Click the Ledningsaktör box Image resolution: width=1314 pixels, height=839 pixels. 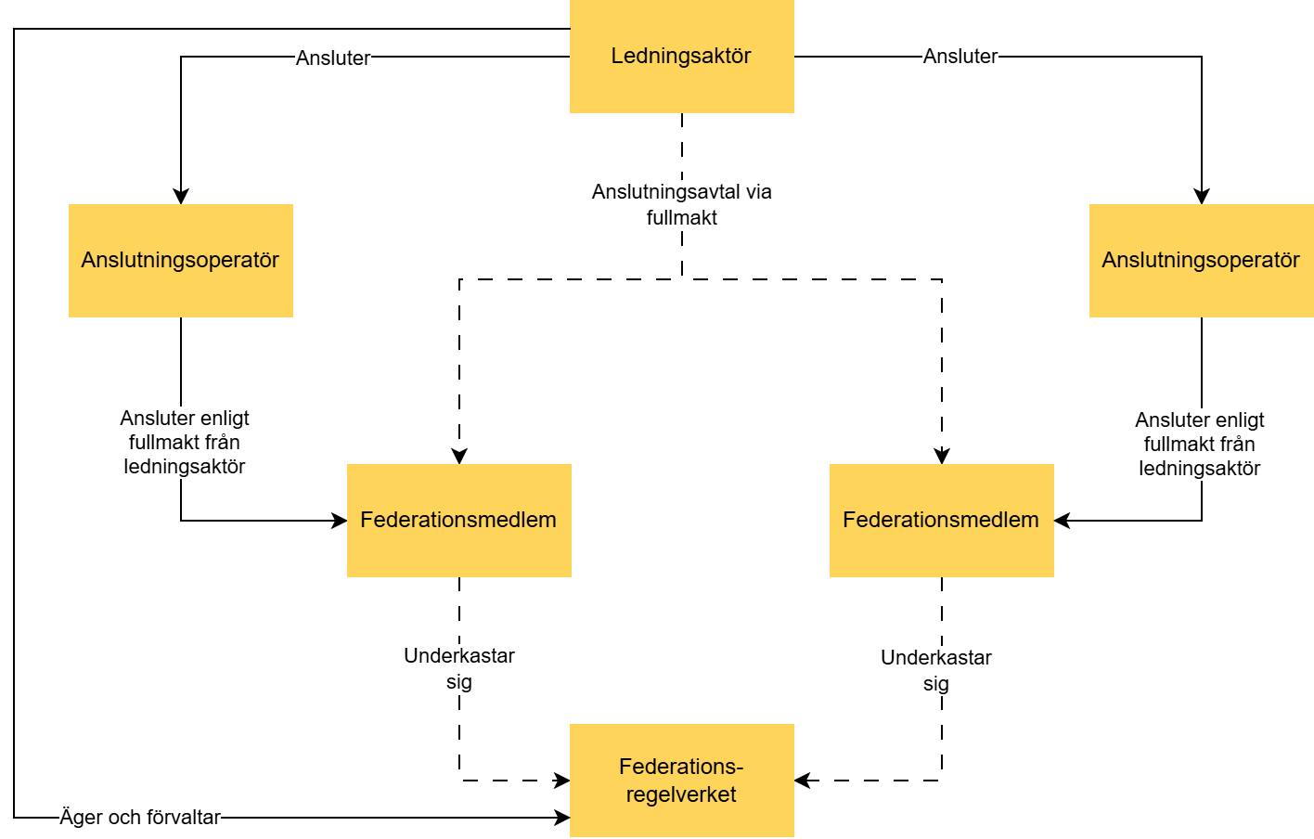(x=681, y=57)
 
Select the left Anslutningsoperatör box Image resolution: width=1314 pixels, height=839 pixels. (x=180, y=261)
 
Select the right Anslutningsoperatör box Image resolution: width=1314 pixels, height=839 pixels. (x=1201, y=261)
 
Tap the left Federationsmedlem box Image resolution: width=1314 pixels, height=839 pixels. (x=458, y=521)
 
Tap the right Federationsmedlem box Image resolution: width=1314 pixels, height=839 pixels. (x=941, y=521)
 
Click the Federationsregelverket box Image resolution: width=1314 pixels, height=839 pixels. (x=681, y=781)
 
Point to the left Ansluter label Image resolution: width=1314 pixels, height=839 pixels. (x=332, y=58)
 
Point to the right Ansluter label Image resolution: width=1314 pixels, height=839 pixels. (x=960, y=57)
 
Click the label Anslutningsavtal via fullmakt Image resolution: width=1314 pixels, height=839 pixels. (x=681, y=204)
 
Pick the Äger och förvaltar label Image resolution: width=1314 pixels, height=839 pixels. (x=140, y=818)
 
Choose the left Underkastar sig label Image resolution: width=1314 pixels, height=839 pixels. (x=458, y=668)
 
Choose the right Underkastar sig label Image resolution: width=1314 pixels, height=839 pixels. (x=935, y=670)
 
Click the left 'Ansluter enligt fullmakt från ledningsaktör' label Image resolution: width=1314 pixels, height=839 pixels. (x=184, y=443)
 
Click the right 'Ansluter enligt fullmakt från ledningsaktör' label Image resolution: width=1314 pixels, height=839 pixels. (x=1199, y=445)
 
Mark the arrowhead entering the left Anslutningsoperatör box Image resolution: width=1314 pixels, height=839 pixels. (x=181, y=196)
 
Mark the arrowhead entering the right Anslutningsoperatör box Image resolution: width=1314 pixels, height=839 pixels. (x=1202, y=196)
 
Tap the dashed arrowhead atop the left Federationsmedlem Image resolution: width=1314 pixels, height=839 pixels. (x=459, y=456)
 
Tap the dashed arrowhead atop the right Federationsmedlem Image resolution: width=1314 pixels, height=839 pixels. (x=942, y=456)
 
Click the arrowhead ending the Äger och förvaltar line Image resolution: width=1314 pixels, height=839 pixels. (x=561, y=818)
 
